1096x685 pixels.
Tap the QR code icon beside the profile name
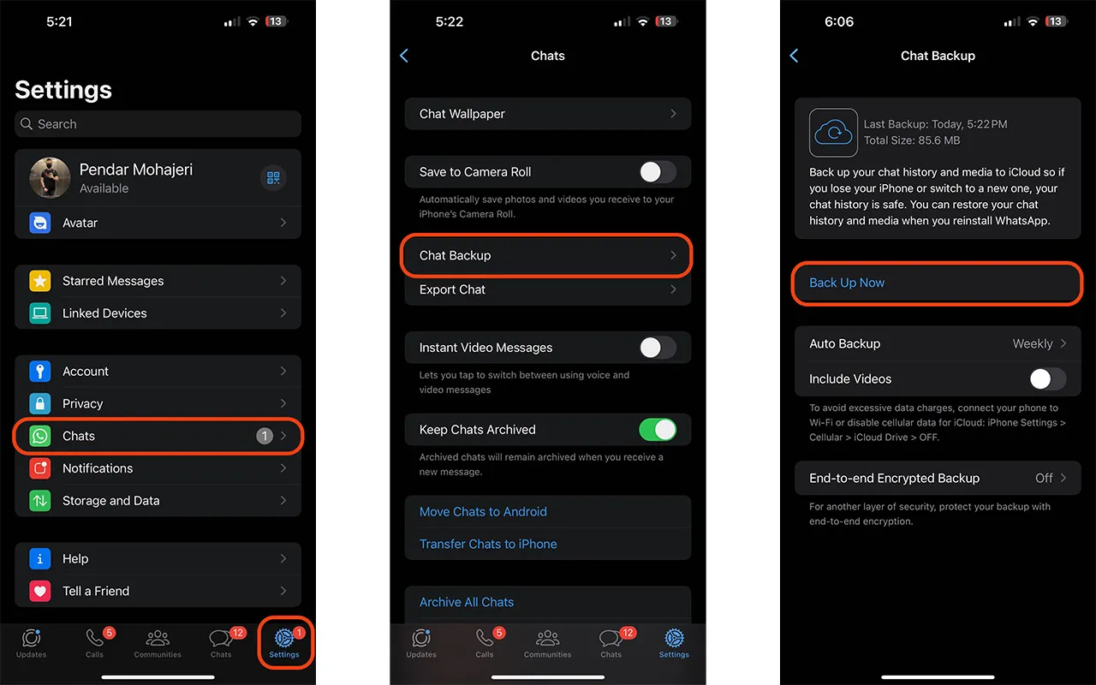point(273,177)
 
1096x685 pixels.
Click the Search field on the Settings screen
point(158,124)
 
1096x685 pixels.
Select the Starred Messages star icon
point(40,281)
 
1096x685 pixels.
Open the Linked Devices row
point(158,313)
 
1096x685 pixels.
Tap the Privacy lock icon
point(40,403)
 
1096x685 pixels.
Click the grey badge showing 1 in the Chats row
point(265,436)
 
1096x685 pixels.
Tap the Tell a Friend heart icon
point(40,591)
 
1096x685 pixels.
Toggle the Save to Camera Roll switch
point(658,172)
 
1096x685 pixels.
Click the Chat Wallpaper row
point(547,114)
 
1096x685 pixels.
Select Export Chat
point(547,289)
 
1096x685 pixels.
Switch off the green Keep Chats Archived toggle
point(658,430)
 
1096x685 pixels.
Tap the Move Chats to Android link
point(483,512)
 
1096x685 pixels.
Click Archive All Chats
point(467,602)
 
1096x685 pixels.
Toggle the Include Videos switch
point(1047,378)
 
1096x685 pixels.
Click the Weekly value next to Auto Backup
point(1033,343)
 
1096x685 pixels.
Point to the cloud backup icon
point(833,133)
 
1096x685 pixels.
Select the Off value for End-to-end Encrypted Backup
point(1044,478)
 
